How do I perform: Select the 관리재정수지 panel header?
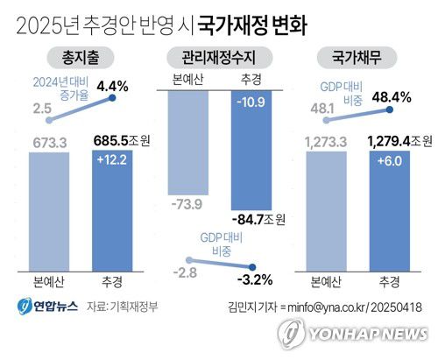click(x=219, y=59)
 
